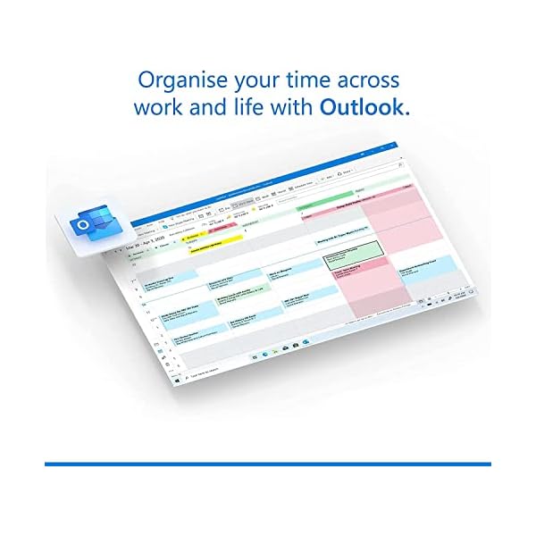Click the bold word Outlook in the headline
point(365,109)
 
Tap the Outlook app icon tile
point(87,225)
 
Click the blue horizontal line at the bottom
point(268,464)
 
